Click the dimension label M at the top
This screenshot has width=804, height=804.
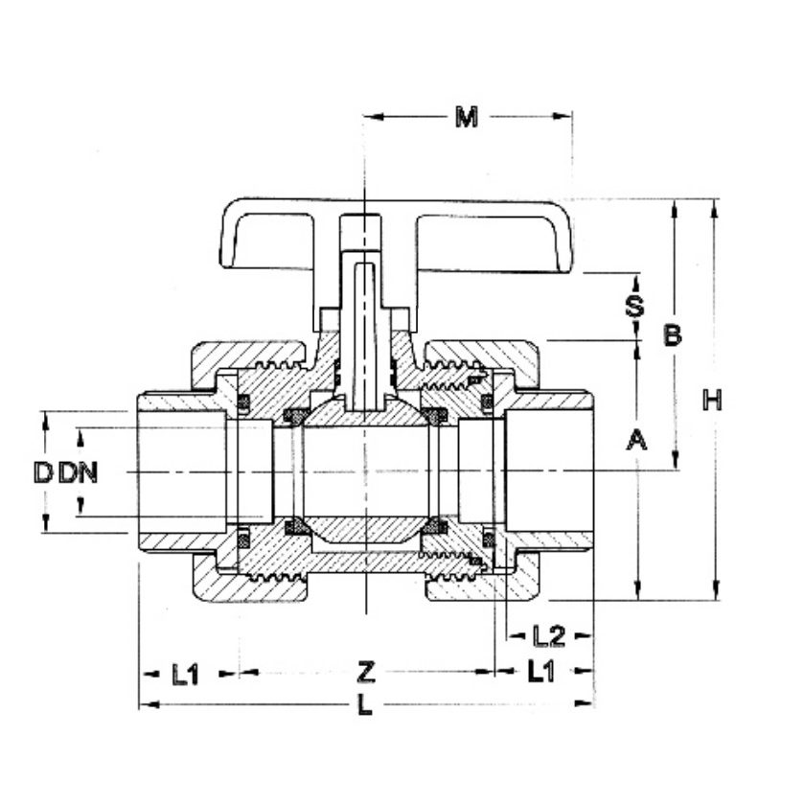(x=466, y=118)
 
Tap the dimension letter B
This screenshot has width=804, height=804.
(x=674, y=335)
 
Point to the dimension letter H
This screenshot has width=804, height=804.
(x=711, y=400)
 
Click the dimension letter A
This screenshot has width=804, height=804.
(x=636, y=441)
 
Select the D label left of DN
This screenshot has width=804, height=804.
(x=42, y=472)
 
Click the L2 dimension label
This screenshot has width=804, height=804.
(x=547, y=635)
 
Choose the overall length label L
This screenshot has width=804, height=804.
(x=364, y=707)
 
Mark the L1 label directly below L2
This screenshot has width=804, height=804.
(x=541, y=673)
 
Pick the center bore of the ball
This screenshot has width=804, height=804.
(x=365, y=471)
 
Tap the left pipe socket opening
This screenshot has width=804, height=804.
(x=182, y=471)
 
